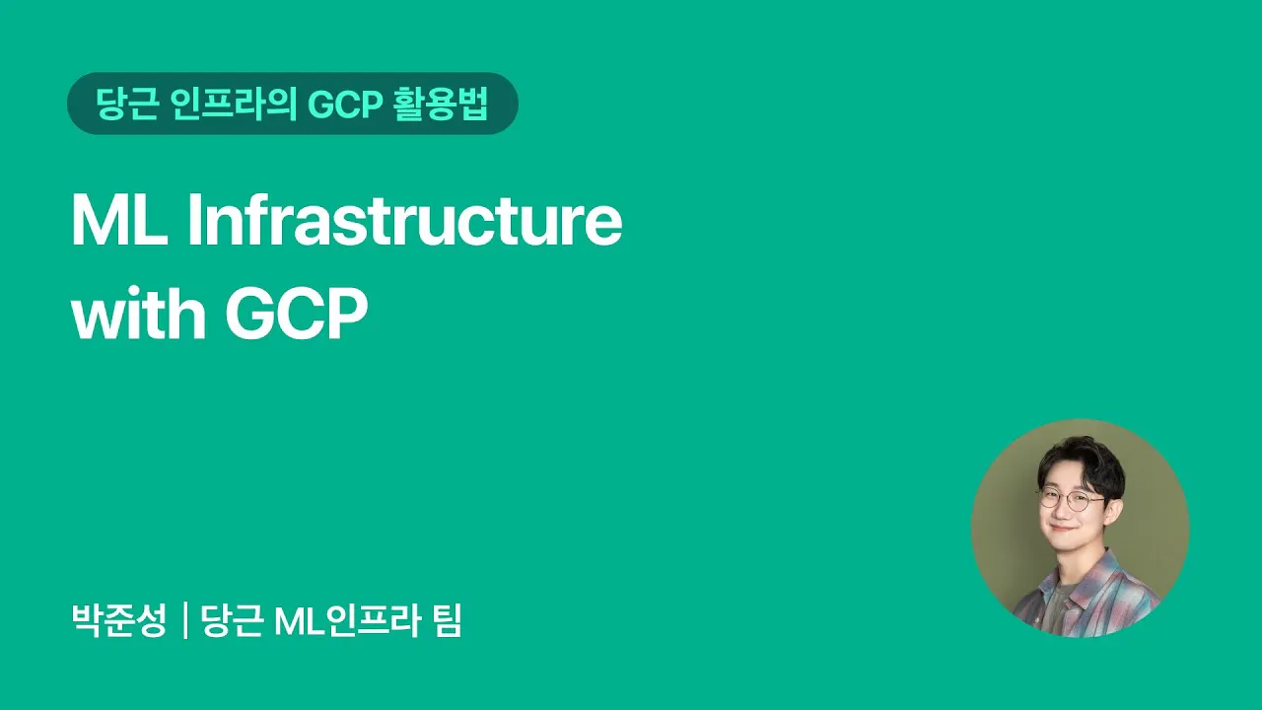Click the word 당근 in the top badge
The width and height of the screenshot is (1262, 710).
coord(126,104)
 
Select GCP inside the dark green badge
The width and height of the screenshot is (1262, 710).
coord(345,105)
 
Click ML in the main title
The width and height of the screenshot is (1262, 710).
coord(119,220)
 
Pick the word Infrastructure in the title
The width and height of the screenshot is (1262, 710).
coord(404,220)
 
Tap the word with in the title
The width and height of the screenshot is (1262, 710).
coord(139,312)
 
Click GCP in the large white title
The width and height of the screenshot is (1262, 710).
coord(297,314)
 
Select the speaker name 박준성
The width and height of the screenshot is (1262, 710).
coord(119,620)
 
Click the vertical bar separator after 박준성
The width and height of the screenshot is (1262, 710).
coord(184,621)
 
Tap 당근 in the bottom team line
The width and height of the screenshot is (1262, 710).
coord(232,620)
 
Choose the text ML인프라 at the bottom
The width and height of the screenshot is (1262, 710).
coord(348,620)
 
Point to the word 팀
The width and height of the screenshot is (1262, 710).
coord(448,620)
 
